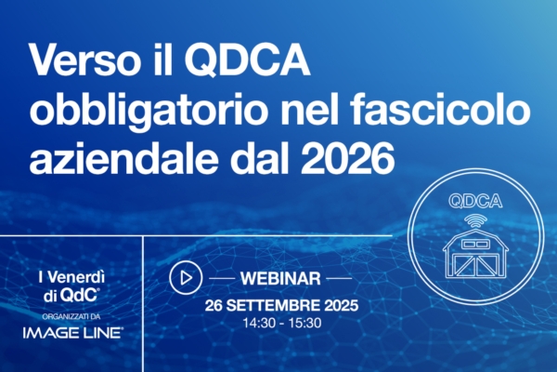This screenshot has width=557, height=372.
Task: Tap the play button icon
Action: pyautogui.click(x=186, y=277)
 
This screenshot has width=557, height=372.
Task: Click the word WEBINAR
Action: pyautogui.click(x=279, y=277)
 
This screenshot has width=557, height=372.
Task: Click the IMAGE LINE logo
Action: pyautogui.click(x=72, y=331)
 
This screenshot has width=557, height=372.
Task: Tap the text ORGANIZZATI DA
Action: pyautogui.click(x=71, y=313)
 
